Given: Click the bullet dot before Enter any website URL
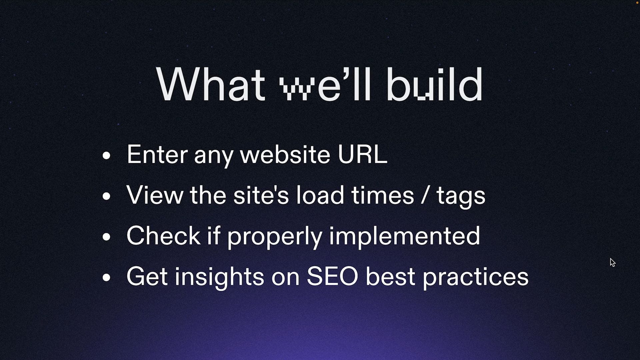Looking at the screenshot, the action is click(x=106, y=155).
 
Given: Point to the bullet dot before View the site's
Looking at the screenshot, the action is click(x=106, y=196).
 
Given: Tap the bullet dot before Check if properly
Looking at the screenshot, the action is click(x=106, y=237).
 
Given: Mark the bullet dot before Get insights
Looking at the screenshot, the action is click(x=106, y=277).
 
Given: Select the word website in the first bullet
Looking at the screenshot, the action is click(x=285, y=154).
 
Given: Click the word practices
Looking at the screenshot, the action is click(x=476, y=277).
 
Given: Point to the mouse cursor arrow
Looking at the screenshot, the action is click(x=613, y=262).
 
